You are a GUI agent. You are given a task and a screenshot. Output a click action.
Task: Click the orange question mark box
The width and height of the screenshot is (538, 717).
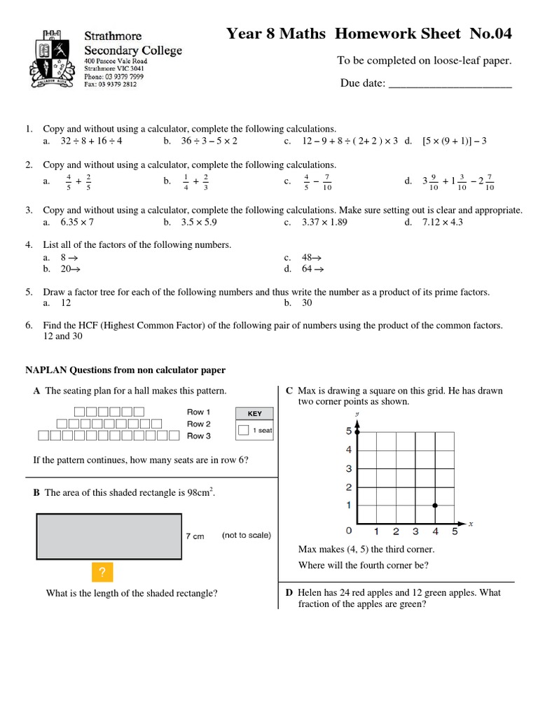click(102, 573)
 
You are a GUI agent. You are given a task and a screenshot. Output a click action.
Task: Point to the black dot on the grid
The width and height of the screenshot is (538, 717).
click(436, 505)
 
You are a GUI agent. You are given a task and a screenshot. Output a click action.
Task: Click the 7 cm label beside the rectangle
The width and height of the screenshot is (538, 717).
click(195, 536)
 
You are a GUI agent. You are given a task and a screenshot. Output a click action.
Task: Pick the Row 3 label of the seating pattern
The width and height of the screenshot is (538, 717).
click(199, 436)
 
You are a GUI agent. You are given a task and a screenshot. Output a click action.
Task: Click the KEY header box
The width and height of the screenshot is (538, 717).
click(254, 414)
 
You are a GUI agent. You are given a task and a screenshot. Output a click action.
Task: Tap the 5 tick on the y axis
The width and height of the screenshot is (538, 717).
click(349, 431)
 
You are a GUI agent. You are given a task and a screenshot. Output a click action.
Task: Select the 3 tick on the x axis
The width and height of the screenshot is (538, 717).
click(415, 531)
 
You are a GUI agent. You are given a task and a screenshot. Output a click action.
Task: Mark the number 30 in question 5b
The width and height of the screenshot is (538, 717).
click(307, 303)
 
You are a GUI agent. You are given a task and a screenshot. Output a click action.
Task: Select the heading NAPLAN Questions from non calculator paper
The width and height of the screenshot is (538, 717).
click(125, 370)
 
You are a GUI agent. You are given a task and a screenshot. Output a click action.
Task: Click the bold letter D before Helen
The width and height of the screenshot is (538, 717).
click(289, 593)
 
